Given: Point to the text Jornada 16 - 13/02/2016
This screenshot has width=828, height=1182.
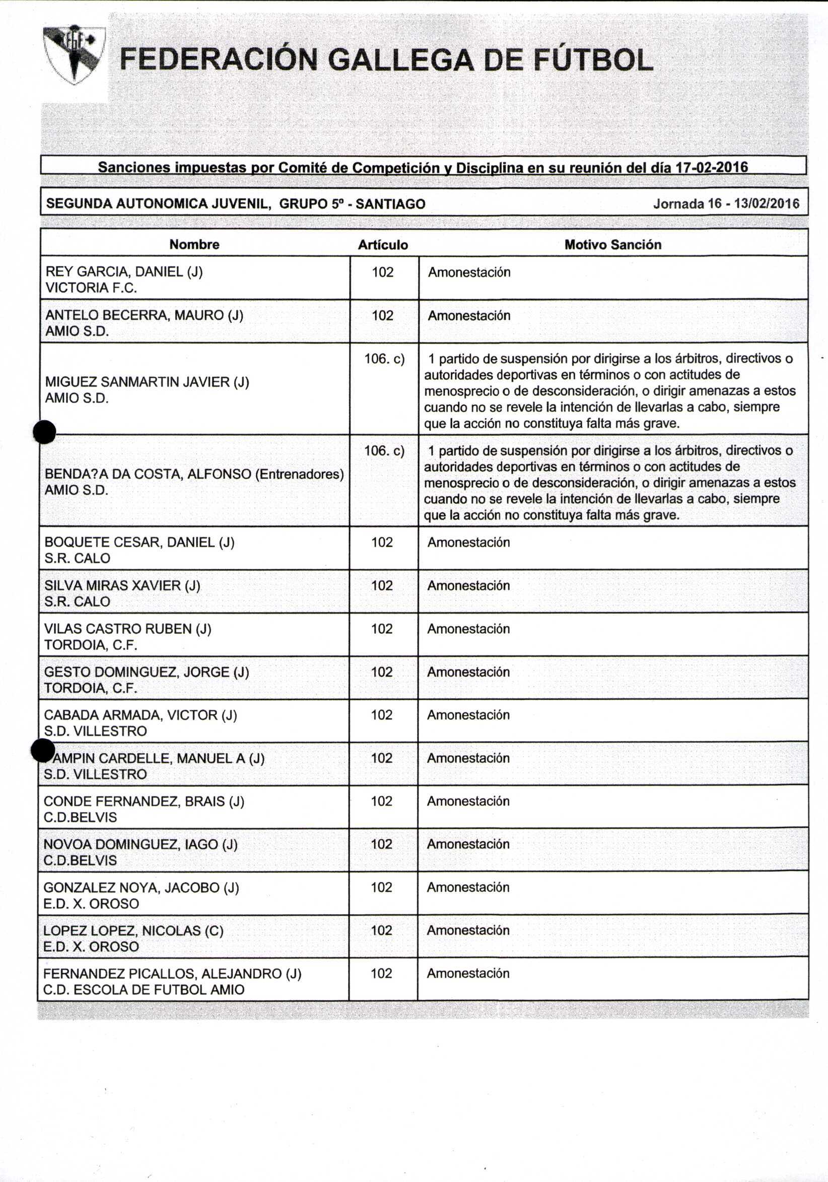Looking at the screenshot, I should coord(726,203).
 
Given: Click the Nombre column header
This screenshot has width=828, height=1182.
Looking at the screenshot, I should coord(194,245).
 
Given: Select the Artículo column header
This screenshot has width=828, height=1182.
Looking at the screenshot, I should coord(383,245).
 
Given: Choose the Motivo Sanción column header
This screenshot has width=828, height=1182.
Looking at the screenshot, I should coord(613,245).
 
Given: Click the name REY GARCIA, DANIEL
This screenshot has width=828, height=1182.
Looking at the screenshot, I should coord(123,272).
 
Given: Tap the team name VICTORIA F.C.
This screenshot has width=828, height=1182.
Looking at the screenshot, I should coord(91,288).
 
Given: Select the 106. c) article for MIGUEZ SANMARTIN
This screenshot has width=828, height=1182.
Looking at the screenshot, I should coord(384,359).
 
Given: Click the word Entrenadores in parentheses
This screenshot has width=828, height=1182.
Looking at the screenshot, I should coord(299,474).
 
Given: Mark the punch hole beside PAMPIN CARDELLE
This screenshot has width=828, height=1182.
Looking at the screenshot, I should coord(43,750).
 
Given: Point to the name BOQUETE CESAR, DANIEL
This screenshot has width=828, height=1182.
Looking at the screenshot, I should coord(139,542).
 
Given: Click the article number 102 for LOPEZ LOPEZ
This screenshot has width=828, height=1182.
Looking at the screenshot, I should coord(382,930).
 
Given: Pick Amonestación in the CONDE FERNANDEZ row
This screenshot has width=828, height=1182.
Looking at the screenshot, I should coord(468,801).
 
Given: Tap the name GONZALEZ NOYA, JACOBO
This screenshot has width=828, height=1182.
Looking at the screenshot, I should coord(141,887).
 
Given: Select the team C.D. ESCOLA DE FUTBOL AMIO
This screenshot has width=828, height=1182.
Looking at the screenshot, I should coord(144,990).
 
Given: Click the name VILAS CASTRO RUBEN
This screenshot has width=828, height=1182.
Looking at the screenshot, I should coord(128,629).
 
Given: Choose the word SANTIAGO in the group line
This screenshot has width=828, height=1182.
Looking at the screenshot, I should coord(390,204).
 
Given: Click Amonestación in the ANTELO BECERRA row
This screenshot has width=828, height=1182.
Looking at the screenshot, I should coord(469,316).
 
